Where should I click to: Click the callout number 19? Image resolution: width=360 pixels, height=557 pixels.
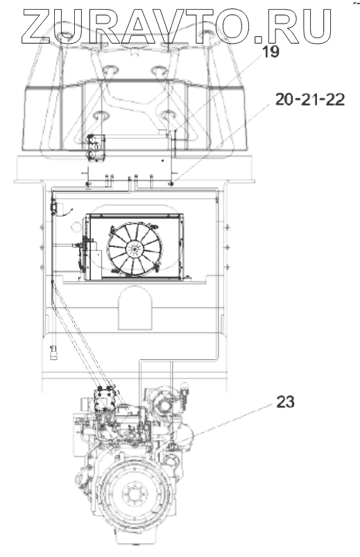pyautogui.click(x=271, y=52)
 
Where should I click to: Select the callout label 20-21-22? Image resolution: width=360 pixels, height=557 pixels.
pyautogui.click(x=310, y=99)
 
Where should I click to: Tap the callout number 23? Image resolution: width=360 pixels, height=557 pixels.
pyautogui.click(x=285, y=402)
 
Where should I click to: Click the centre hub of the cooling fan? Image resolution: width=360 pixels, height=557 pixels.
pyautogui.click(x=135, y=249)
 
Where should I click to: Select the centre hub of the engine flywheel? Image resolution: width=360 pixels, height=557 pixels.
pyautogui.click(x=135, y=493)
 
